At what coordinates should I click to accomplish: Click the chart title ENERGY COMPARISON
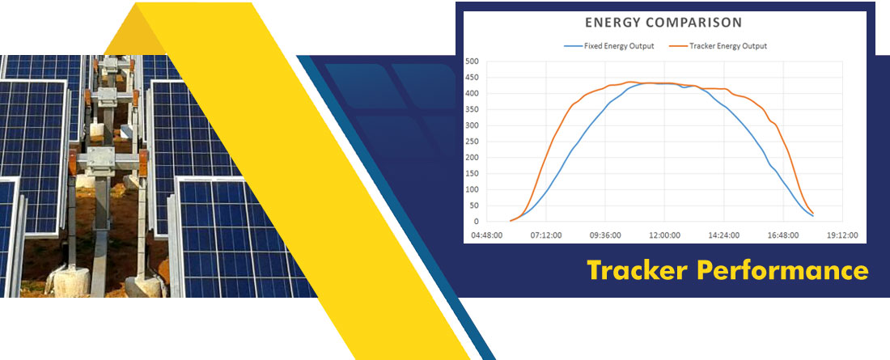pos(663,23)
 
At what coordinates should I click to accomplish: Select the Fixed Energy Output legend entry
pos(609,46)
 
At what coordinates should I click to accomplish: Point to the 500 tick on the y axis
pos(472,61)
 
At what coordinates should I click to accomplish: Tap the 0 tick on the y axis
pos(476,222)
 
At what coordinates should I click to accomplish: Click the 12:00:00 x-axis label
pos(664,235)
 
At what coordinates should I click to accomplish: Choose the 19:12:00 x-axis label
pos(842,235)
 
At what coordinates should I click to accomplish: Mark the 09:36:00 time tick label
pos(605,235)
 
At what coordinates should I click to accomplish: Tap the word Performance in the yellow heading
pos(783,270)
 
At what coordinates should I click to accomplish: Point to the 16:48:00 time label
pos(783,235)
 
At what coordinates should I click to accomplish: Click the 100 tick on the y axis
pos(472,189)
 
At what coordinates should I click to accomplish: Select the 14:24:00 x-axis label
pos(723,235)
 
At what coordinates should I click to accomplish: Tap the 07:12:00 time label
pos(546,235)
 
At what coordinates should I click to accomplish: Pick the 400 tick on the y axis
pos(472,93)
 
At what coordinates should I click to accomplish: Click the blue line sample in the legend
pos(572,46)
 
